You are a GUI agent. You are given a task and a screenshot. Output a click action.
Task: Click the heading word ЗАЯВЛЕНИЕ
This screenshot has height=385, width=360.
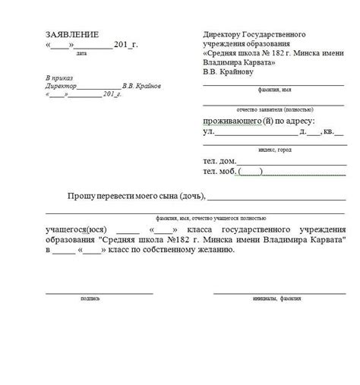pos(72,35)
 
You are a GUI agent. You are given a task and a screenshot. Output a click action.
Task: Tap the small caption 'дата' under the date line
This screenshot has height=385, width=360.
pos(81,55)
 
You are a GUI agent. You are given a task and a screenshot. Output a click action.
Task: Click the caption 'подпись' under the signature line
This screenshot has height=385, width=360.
pos(90,299)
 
